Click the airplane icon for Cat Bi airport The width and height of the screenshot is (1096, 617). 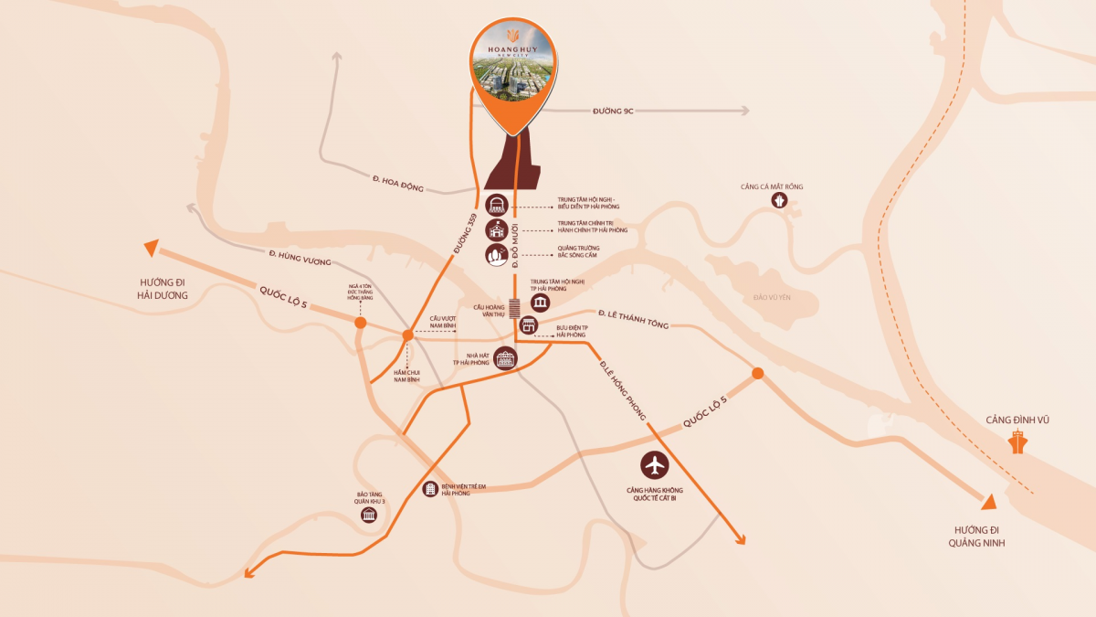(655, 465)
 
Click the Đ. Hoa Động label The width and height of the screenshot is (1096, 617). (398, 182)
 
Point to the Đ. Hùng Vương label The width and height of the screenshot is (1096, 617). (300, 257)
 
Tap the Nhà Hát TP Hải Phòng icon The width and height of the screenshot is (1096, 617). (505, 359)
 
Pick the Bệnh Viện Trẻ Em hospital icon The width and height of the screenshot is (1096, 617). (429, 489)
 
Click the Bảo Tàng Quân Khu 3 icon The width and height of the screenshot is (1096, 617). (369, 516)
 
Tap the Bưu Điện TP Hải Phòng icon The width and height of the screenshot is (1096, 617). (527, 326)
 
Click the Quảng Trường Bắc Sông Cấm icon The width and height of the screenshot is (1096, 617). (496, 256)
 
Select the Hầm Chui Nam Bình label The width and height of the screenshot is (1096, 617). (406, 376)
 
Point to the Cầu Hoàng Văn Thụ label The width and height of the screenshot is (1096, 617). (489, 311)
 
